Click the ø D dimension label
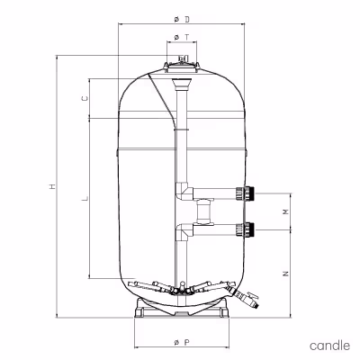(x=182, y=20)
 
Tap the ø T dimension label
(x=182, y=37)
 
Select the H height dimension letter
(x=53, y=186)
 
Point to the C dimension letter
(x=85, y=98)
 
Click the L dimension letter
(x=85, y=198)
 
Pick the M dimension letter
(x=286, y=211)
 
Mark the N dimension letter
(x=286, y=274)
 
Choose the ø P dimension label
(x=182, y=342)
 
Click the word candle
(x=329, y=346)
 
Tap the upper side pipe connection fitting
(x=245, y=193)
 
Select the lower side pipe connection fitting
(x=245, y=229)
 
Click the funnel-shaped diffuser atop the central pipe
(x=182, y=85)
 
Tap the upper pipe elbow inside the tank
(x=184, y=192)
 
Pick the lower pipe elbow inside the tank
(x=184, y=231)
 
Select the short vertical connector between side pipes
(x=203, y=211)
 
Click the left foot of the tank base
(x=140, y=308)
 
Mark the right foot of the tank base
(x=223, y=308)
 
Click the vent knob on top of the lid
(x=182, y=58)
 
